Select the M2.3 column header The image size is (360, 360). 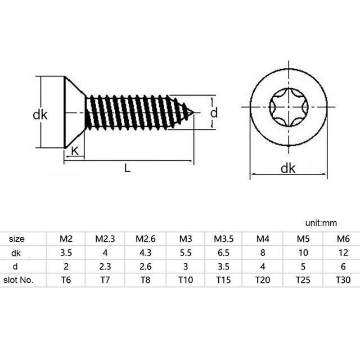pyautogui.click(x=106, y=239)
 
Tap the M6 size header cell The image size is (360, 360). pyautogui.click(x=343, y=239)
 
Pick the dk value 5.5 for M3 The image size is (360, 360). pyautogui.click(x=186, y=253)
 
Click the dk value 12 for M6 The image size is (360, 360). pyautogui.click(x=343, y=253)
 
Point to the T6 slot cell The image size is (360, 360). pyautogui.click(x=66, y=280)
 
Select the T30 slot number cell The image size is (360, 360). pyautogui.click(x=343, y=280)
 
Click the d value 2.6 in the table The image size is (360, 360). pyautogui.click(x=145, y=266)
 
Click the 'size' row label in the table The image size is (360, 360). pyautogui.click(x=17, y=239)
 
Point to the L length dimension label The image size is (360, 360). pyautogui.click(x=128, y=169)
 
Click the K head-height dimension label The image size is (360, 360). pyautogui.click(x=75, y=151)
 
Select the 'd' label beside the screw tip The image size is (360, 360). pyautogui.click(x=214, y=113)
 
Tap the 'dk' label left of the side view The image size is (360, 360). pyautogui.click(x=40, y=115)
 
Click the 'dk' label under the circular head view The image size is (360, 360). pyautogui.click(x=288, y=168)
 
